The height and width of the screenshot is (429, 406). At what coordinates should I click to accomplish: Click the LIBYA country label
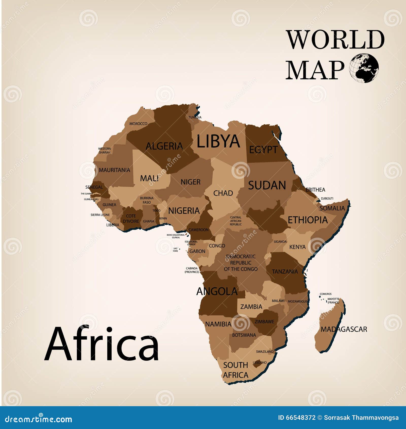pos(218,141)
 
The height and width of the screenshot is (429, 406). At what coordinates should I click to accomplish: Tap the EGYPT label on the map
pos(263,150)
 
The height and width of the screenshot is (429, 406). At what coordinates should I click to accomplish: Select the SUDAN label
pos(267,185)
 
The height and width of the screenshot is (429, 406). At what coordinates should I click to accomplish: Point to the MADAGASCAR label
pos(344,329)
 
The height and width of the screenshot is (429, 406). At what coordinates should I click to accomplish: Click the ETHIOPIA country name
pos(308,220)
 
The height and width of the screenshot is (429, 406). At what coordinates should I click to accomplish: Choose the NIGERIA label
pos(184,211)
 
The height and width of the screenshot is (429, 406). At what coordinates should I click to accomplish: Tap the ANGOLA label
pos(217,291)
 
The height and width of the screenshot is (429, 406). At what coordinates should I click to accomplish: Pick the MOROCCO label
pos(138,124)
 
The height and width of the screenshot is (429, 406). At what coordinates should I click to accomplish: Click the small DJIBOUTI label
pos(327,199)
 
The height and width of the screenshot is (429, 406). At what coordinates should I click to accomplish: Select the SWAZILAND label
pos(265,352)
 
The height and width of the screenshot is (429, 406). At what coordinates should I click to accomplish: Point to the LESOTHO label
pos(260,362)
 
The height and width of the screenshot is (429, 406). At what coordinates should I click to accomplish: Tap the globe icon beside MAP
pos(364,68)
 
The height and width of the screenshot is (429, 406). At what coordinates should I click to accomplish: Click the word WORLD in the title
pos(335,40)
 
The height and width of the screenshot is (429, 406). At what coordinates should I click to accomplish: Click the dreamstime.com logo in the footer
pos(39,419)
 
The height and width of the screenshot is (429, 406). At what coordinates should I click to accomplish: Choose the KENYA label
pos(297,247)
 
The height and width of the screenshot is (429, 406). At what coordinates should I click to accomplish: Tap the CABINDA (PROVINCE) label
pos(192,270)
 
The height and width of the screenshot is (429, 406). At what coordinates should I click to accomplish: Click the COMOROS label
pos(326,294)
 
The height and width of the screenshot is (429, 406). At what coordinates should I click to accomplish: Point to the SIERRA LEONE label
pos(100,215)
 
